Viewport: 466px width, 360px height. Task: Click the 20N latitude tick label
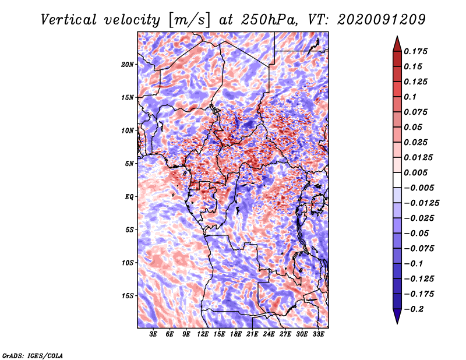pos(128,64)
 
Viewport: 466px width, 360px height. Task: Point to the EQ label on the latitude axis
pos(129,197)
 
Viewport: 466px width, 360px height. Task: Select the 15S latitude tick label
pos(128,296)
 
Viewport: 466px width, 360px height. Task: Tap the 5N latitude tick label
pos(129,164)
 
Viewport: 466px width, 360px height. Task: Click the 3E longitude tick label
pos(154,335)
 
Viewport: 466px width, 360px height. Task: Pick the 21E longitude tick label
pos(252,335)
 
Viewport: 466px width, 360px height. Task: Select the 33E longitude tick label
pos(318,335)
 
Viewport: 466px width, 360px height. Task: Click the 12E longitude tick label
pos(203,335)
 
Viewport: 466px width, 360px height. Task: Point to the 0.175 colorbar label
pos(416,51)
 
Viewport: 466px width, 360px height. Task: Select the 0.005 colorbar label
pos(416,172)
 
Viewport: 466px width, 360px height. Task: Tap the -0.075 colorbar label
pos(421,248)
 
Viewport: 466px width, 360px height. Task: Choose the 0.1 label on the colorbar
pos(411,97)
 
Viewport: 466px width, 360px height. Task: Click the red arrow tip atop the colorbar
pos(397,40)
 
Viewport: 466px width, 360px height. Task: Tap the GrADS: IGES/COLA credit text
pos(33,355)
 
